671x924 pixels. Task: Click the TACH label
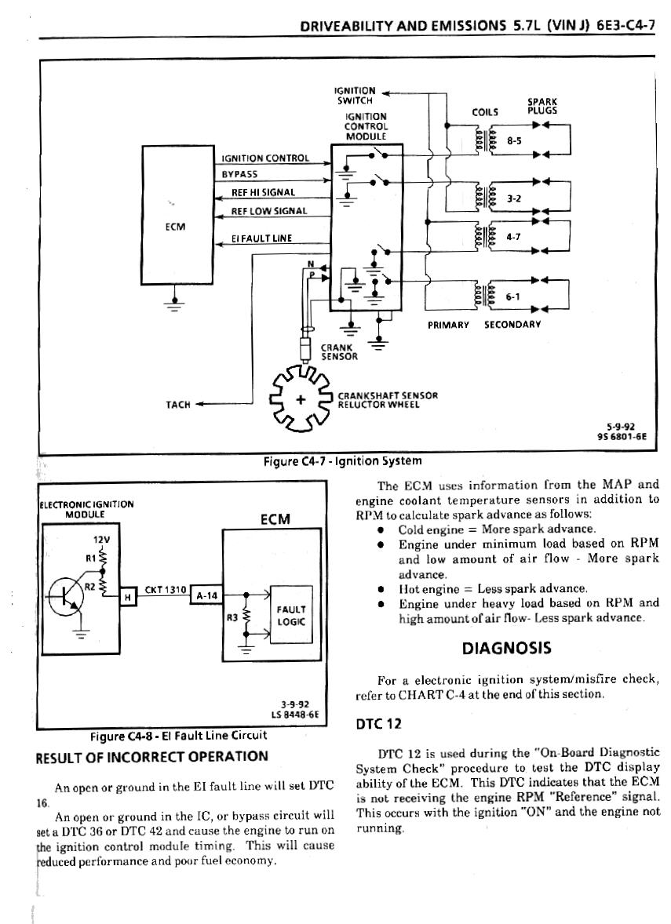[x=178, y=405]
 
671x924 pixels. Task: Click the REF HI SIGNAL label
[x=263, y=192]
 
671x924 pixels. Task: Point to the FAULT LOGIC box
[x=291, y=613]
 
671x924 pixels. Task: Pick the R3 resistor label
[x=232, y=618]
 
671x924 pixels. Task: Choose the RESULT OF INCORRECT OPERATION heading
[x=152, y=757]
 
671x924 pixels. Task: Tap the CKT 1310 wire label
[x=164, y=590]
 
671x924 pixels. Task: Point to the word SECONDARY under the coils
[x=512, y=324]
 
